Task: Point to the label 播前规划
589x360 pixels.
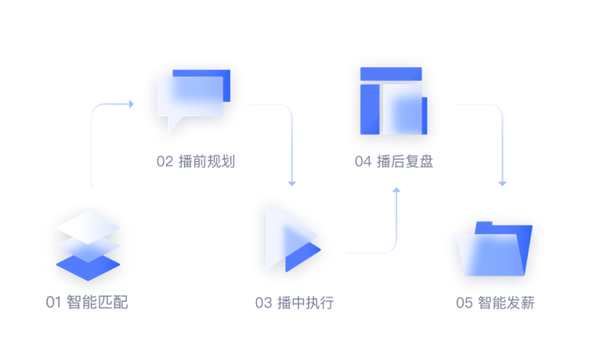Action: click(207, 162)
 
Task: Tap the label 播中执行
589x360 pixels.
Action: click(305, 303)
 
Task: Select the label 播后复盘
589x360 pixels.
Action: click(405, 162)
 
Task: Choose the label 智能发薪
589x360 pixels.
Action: click(506, 303)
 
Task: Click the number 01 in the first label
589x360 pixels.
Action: click(53, 303)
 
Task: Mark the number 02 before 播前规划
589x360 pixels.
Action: click(164, 162)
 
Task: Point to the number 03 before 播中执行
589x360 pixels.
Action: click(263, 303)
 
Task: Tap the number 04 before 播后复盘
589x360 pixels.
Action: click(363, 162)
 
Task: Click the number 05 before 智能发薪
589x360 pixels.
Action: click(464, 303)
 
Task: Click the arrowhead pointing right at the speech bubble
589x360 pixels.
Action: click(129, 103)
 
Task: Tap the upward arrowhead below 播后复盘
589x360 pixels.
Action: click(396, 191)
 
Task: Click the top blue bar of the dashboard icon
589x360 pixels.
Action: click(390, 74)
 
